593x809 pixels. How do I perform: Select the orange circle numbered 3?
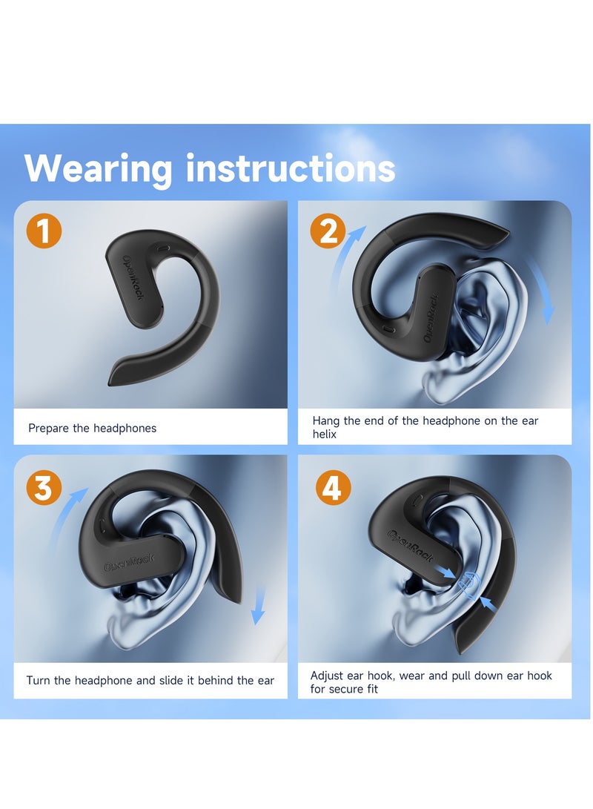click(44, 488)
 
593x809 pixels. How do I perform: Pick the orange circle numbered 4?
click(333, 488)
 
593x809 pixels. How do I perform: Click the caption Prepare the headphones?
click(93, 428)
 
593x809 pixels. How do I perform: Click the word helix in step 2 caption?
click(325, 435)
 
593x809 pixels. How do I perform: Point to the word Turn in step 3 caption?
click(39, 681)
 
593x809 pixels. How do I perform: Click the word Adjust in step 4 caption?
click(327, 676)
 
